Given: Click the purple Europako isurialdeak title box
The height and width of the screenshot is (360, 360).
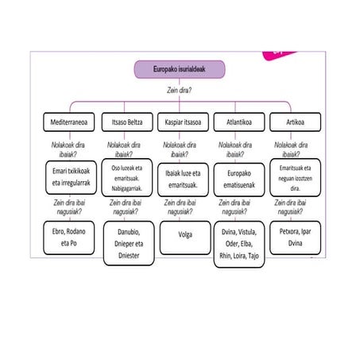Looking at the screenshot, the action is point(180,69).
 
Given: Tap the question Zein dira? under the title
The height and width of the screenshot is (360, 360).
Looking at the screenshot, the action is point(179,91).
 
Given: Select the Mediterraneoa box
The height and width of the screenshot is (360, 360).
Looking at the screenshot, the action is point(69,122).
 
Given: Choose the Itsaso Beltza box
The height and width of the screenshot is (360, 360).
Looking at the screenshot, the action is point(127,122).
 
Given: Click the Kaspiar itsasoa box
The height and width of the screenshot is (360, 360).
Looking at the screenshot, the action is point(183,122).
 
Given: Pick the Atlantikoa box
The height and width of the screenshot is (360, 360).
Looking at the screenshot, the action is point(239,122).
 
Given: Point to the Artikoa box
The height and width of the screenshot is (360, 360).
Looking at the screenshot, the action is point(295,122).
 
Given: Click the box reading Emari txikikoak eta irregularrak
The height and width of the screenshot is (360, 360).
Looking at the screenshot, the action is point(71,177).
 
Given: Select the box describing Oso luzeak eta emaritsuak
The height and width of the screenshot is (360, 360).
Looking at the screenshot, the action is point(127,177).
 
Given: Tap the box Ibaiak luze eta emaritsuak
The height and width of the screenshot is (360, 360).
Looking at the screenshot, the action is point(183,180).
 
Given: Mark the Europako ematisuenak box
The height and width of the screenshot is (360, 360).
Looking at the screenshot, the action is point(239,180).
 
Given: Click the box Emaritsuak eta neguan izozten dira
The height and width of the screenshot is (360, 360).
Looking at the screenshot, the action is point(295,177).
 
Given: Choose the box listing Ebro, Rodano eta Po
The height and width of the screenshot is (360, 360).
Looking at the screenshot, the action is point(69,238).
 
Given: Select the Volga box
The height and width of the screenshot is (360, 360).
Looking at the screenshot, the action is point(185,238).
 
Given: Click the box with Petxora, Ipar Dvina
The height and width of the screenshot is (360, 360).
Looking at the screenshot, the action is point(295,238).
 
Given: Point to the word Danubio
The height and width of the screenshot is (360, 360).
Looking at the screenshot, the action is point(129,232).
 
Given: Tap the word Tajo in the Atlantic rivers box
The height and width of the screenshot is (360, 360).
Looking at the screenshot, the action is point(254,256).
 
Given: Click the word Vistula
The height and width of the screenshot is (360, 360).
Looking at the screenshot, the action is point(247,232).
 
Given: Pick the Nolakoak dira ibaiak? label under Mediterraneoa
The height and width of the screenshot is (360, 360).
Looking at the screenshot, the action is point(68,149).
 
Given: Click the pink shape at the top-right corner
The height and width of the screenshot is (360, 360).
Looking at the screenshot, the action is point(278,55).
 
